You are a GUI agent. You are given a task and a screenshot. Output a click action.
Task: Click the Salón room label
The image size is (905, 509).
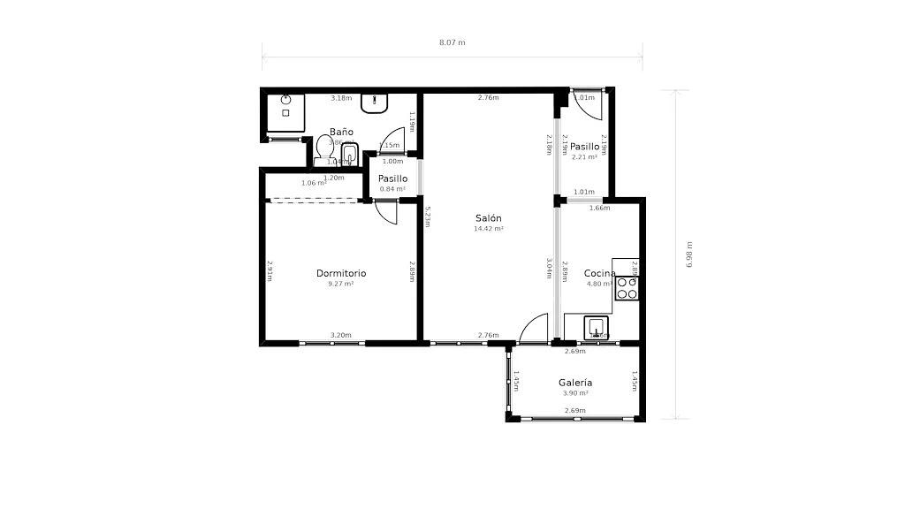coord(489,218)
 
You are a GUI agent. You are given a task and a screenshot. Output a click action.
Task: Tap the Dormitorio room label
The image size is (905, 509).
coord(341,274)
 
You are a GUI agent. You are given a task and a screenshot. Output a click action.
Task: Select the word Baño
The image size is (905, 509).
coord(341,132)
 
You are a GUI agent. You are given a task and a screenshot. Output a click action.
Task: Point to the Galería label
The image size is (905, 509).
coord(575,383)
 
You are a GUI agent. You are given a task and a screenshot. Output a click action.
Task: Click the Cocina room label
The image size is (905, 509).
coord(599,274)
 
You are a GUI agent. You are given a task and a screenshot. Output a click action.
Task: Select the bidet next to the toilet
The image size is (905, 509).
coord(348,155)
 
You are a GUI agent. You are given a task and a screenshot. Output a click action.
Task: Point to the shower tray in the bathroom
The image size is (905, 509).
coord(285,112)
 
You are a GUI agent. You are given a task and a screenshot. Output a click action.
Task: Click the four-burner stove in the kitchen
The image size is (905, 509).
coord(627,287)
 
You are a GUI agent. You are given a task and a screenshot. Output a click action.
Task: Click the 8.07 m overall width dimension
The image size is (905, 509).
coord(452,42)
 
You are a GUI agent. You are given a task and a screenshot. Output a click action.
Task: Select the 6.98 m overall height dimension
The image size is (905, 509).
coord(689,254)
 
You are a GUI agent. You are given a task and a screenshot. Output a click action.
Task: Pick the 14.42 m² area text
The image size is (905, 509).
coord(489,229)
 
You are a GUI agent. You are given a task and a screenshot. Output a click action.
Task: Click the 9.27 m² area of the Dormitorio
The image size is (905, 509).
coord(341,285)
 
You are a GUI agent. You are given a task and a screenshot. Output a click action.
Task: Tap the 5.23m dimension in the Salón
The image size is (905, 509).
coord(428,217)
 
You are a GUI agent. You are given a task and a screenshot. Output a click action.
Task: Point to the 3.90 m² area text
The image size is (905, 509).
coord(575,393)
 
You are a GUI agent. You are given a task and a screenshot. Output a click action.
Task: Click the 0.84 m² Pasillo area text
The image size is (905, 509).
coord(392,189)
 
